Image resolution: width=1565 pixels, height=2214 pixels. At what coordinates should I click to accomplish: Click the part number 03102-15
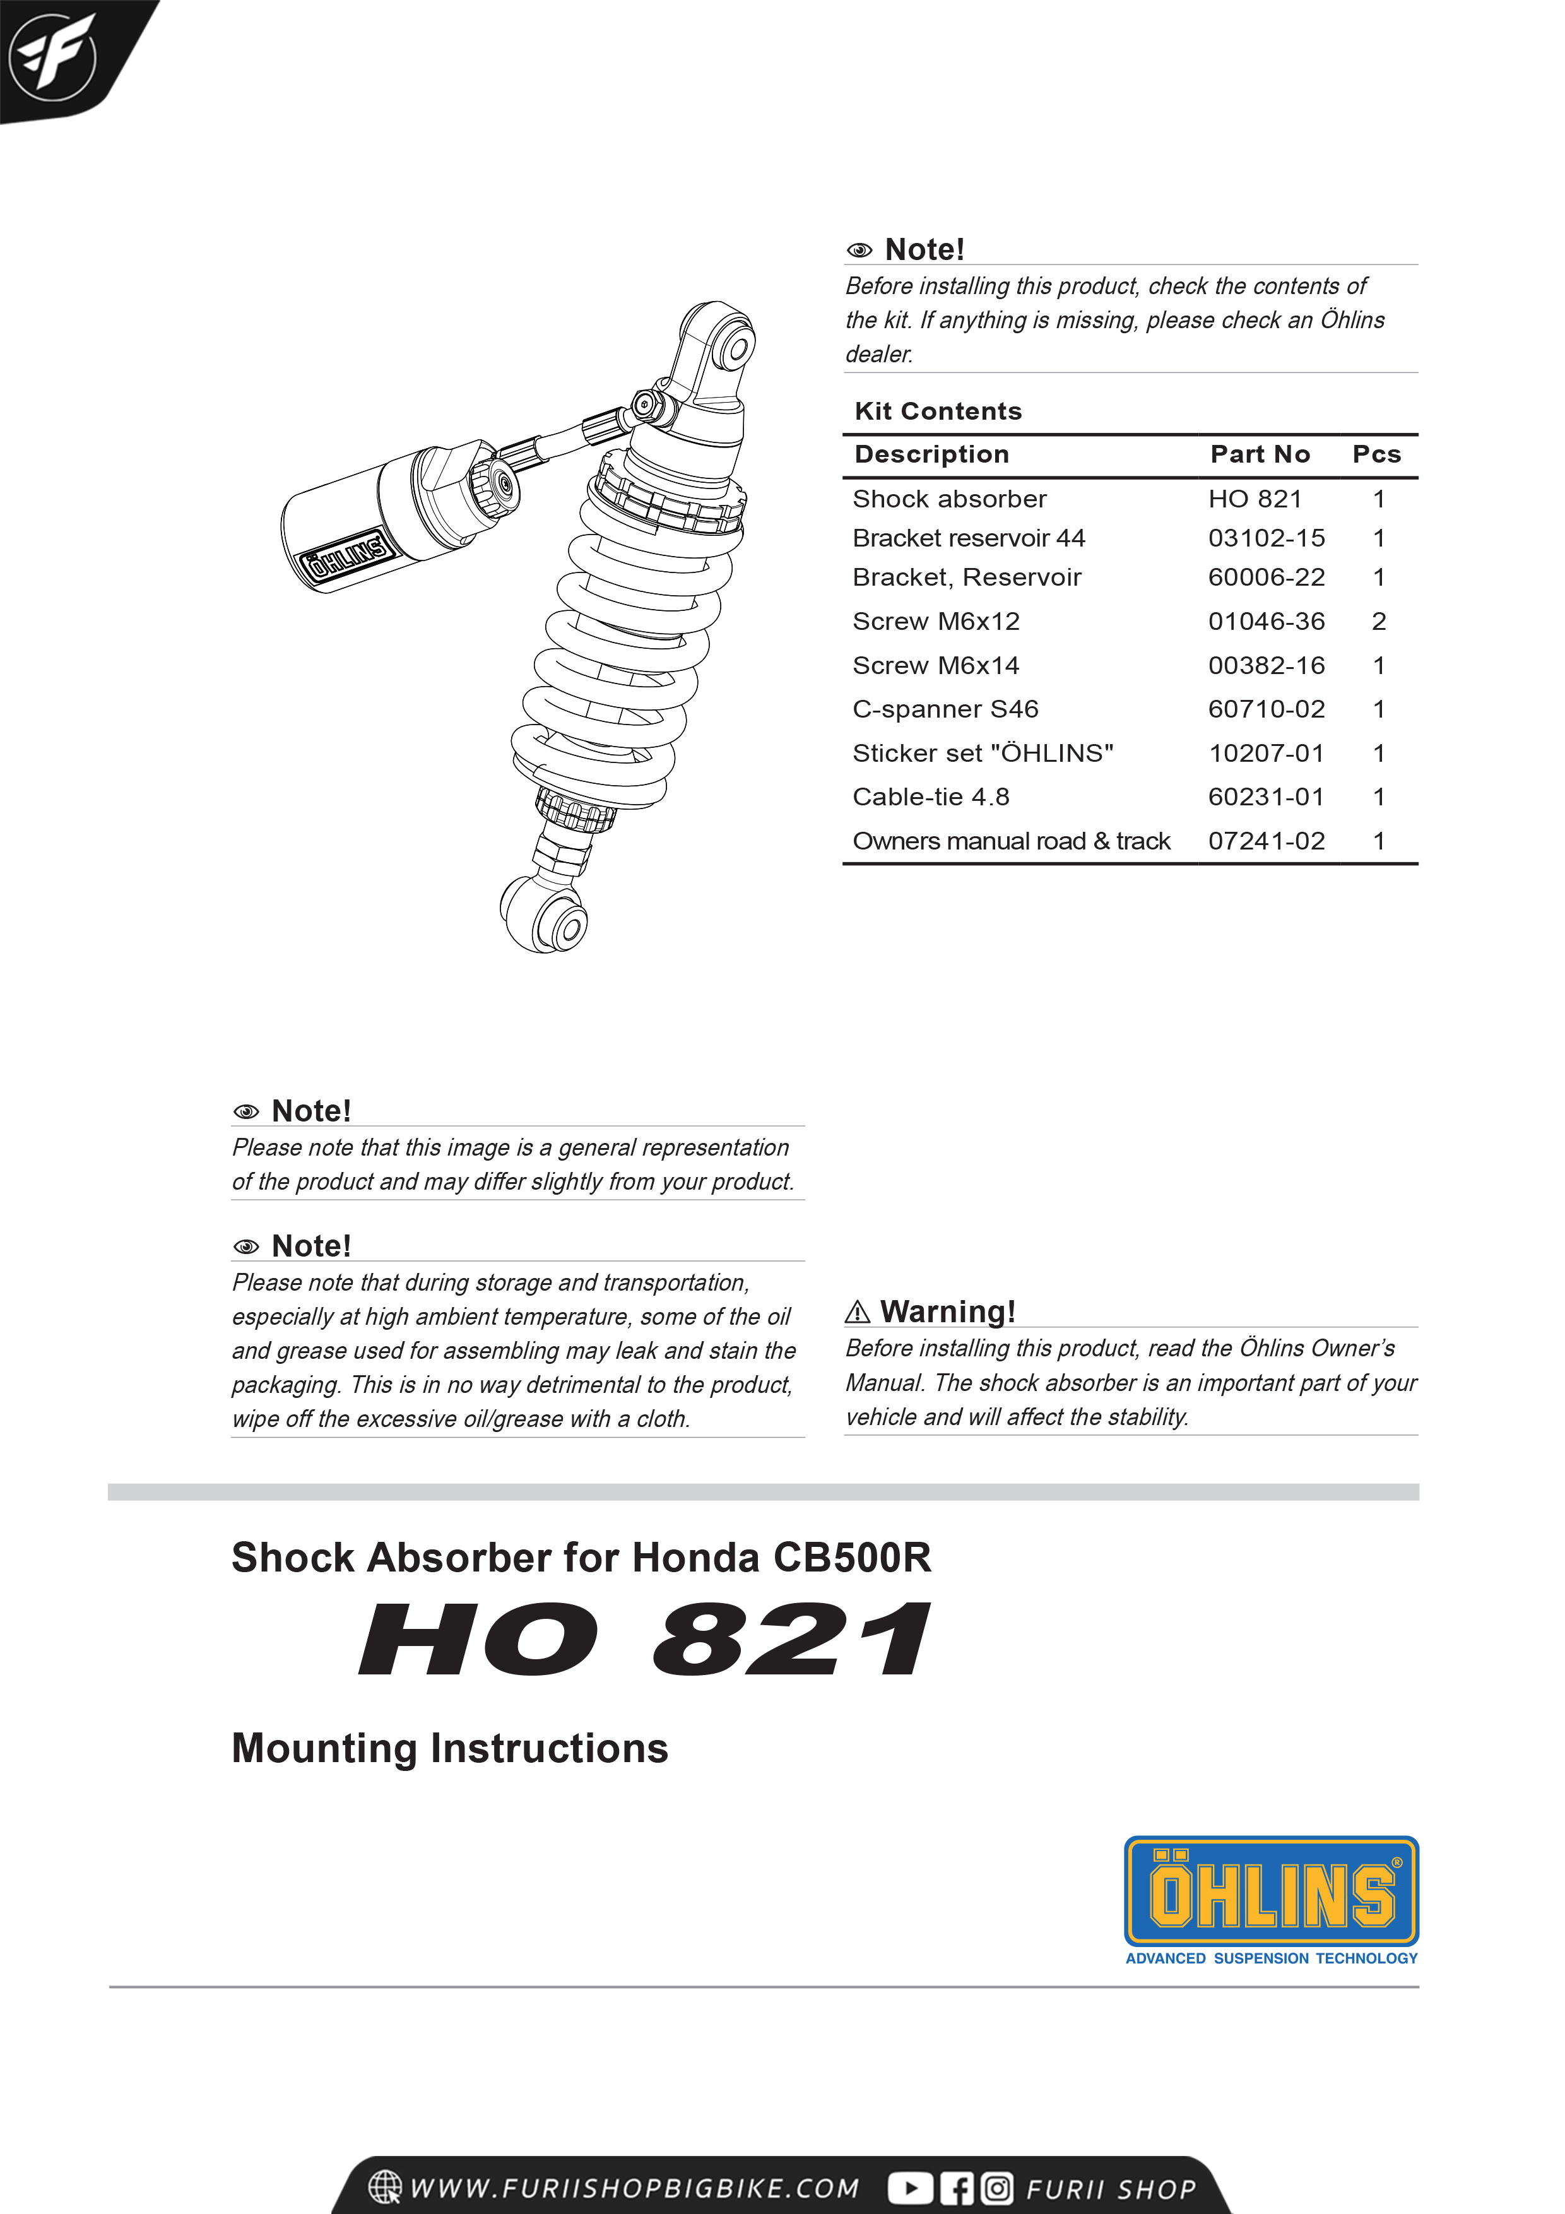tap(1266, 538)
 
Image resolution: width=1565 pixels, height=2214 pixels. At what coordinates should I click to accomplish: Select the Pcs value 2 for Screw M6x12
tap(1378, 622)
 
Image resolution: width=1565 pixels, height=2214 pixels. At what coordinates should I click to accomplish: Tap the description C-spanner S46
tap(945, 710)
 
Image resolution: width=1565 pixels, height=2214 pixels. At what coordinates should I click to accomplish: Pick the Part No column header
tap(1260, 454)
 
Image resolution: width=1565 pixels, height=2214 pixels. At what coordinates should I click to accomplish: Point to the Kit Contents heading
tap(937, 411)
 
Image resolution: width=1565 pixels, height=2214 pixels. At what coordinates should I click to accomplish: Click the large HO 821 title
tap(644, 1640)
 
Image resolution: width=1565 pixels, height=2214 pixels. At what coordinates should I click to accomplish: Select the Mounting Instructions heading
tap(449, 1748)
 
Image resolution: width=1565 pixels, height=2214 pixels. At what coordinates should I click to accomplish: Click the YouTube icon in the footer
tap(909, 2188)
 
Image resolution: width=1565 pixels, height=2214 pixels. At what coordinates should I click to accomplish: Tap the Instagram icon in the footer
tap(997, 2188)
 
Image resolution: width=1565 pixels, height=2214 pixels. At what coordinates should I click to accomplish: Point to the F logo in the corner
tap(53, 56)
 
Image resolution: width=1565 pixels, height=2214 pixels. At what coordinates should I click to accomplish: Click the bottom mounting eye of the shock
tap(567, 926)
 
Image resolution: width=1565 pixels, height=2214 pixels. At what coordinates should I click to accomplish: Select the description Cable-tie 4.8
tap(931, 798)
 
